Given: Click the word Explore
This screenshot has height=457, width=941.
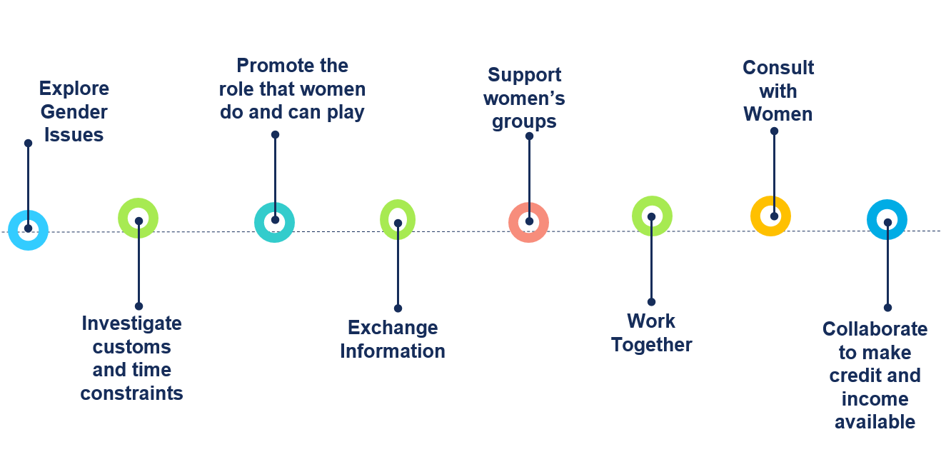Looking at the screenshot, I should point(74,89).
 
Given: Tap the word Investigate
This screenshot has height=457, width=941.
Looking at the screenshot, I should point(131,323).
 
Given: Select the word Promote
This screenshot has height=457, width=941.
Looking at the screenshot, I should point(293,66).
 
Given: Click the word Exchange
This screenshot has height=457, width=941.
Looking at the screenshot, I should point(393,328).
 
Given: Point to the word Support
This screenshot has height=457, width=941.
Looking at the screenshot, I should point(525,75).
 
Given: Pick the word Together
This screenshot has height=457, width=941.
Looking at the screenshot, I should point(652,345).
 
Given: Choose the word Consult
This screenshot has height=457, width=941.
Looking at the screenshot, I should point(778,68).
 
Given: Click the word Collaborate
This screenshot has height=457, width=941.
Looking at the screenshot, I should point(875,329).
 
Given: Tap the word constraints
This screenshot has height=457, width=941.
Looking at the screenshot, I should point(131,393).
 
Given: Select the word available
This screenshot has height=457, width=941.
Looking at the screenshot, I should point(875,422).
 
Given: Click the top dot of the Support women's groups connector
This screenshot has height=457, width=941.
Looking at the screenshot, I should point(529,136).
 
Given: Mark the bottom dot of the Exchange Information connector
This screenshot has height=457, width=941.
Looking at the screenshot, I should point(398,308).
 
